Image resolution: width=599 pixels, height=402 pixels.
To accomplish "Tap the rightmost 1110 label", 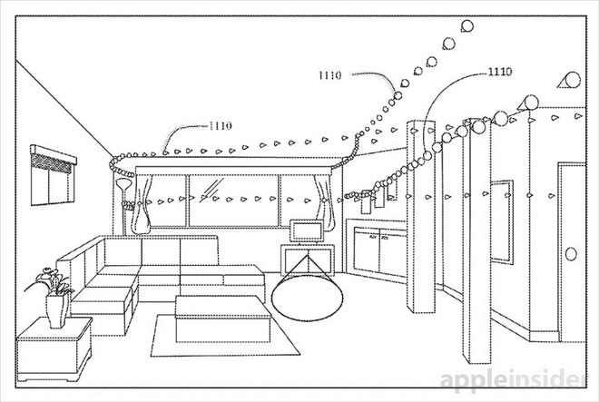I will tap(499, 70).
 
